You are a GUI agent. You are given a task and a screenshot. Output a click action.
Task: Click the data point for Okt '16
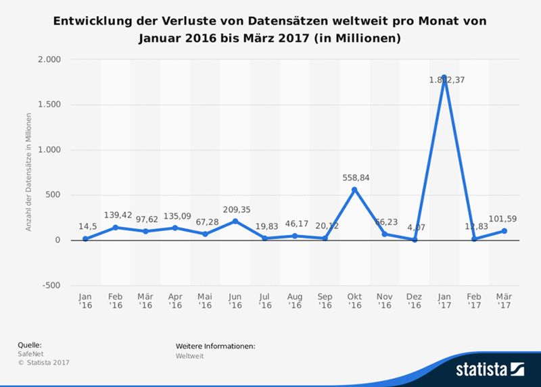click(x=354, y=190)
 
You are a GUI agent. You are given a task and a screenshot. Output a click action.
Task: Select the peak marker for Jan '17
click(x=444, y=78)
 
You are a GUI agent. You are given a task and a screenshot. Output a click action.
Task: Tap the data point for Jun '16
click(x=235, y=222)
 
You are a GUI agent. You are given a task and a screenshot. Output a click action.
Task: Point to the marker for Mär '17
click(x=504, y=231)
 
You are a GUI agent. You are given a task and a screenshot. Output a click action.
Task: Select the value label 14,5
click(x=85, y=227)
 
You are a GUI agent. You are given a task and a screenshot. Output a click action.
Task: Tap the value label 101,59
click(x=504, y=219)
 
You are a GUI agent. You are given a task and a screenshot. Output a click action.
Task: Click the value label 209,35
click(x=235, y=209)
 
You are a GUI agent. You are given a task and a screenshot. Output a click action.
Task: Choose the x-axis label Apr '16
click(x=174, y=301)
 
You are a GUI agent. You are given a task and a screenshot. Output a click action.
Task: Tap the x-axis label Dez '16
click(x=414, y=301)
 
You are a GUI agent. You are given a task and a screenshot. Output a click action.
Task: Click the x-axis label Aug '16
click(x=294, y=301)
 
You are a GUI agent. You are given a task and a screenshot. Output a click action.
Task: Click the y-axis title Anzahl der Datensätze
click(x=29, y=172)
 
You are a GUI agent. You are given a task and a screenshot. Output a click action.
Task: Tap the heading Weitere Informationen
click(x=215, y=346)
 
